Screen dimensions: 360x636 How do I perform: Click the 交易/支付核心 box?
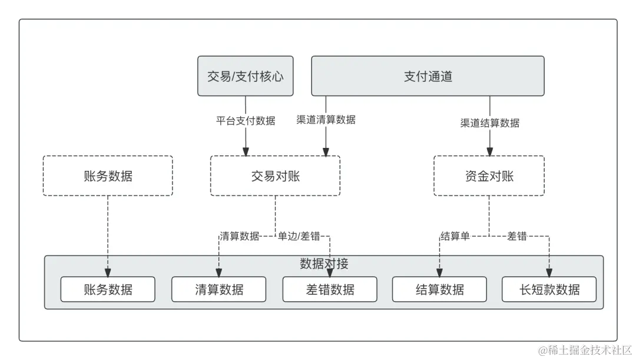tap(245, 77)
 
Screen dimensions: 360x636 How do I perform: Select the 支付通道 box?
tap(428, 77)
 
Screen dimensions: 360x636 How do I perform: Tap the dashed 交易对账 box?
tap(275, 176)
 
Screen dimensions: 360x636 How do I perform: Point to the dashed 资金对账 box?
tap(489, 176)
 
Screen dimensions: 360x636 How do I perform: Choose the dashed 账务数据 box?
tap(108, 176)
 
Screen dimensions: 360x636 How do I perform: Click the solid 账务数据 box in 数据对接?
tap(108, 289)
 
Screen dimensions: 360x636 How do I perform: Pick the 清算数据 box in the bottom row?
tap(218, 289)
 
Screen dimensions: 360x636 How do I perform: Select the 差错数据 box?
tap(330, 289)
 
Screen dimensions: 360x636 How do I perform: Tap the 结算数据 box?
tap(439, 289)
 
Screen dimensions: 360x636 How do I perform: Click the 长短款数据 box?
tap(549, 289)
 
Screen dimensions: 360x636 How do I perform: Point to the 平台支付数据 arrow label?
tap(246, 121)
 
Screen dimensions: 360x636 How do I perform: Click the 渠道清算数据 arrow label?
tap(326, 120)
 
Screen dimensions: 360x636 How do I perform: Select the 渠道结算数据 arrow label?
tap(489, 123)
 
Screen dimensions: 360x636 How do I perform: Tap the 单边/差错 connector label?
tap(299, 236)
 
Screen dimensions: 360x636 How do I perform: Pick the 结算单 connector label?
tap(455, 236)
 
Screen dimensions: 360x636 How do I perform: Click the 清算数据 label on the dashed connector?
tap(240, 236)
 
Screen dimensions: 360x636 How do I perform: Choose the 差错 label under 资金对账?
tap(517, 236)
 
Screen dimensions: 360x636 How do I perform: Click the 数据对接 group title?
tap(324, 263)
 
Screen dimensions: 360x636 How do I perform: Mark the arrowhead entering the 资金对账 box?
tap(489, 152)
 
